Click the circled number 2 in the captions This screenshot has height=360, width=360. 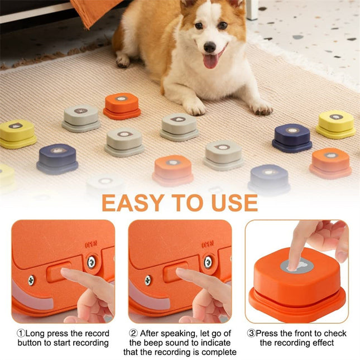[133, 333]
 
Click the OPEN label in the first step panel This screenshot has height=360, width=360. [91, 244]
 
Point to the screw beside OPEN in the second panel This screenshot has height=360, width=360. [208, 262]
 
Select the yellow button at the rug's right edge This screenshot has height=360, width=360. [336, 123]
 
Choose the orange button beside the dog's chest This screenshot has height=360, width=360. [122, 105]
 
